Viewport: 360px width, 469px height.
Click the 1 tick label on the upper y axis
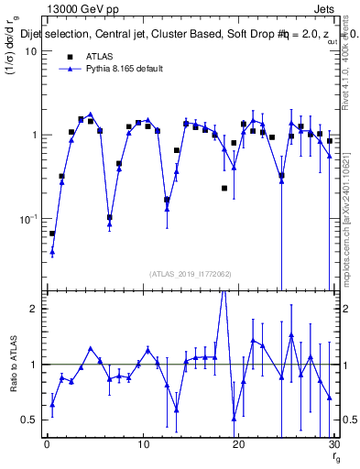pyautogui.click(x=34, y=136)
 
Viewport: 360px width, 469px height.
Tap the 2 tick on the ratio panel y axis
pyautogui.click(x=34, y=309)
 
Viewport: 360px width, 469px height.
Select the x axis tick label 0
pyautogui.click(x=47, y=445)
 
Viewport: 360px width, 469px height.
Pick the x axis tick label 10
pyautogui.click(x=143, y=445)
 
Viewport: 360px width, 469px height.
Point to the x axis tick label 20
pyautogui.click(x=239, y=445)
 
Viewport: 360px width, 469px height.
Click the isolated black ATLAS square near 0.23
pyautogui.click(x=224, y=188)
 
